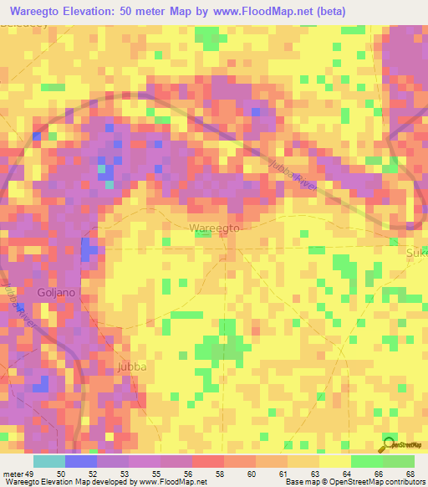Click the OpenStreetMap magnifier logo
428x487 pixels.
click(389, 445)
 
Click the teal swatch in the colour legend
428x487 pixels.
click(49, 461)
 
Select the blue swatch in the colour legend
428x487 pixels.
click(81, 461)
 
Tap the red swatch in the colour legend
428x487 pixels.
click(208, 461)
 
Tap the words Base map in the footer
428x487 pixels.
click(298, 482)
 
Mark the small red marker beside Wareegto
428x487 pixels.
click(221, 235)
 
